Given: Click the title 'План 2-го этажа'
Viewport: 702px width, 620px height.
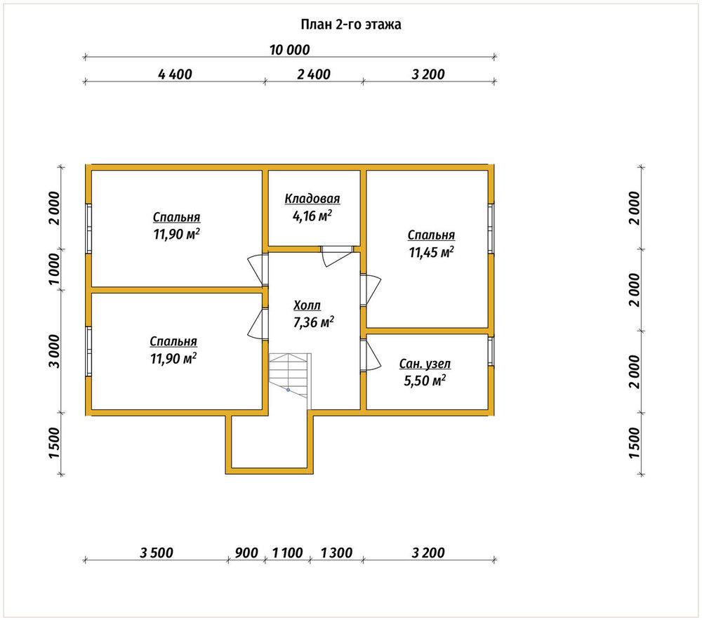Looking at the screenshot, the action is click(x=350, y=24).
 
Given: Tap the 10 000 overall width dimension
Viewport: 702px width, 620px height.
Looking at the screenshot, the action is click(x=289, y=50).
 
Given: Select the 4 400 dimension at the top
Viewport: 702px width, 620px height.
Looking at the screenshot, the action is click(x=175, y=74).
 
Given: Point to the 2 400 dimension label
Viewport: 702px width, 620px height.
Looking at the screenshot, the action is click(x=313, y=74).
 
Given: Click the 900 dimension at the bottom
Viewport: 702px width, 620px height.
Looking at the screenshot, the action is click(x=246, y=553).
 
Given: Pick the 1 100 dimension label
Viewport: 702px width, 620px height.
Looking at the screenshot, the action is click(x=287, y=553).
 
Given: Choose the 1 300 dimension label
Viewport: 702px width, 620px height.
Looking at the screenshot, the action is click(x=337, y=553).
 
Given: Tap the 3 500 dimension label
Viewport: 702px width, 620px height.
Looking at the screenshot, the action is click(x=157, y=553).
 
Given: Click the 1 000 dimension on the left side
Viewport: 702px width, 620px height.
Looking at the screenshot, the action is click(x=54, y=269).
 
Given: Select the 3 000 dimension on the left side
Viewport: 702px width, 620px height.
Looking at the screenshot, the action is click(x=54, y=351).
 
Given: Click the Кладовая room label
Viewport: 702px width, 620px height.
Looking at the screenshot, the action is click(x=312, y=199).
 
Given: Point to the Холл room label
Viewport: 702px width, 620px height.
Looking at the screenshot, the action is click(x=307, y=305).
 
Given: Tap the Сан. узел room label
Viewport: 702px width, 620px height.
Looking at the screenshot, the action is click(x=425, y=364).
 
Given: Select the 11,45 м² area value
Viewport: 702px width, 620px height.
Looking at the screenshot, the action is click(x=431, y=252).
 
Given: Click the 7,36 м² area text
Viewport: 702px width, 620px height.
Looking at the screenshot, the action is click(x=313, y=322).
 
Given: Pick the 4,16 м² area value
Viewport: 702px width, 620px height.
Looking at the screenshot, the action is click(x=312, y=216).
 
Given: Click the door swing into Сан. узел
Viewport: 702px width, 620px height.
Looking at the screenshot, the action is click(x=371, y=355).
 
